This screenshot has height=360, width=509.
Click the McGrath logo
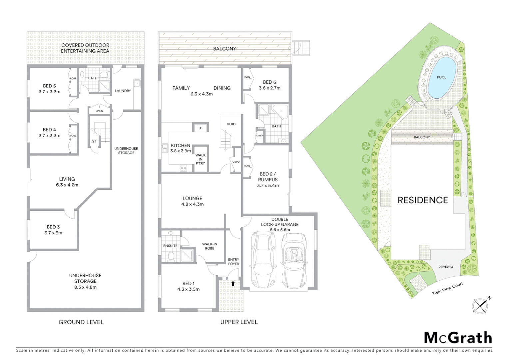[x=458, y=338]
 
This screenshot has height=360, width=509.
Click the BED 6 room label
[x=269, y=82]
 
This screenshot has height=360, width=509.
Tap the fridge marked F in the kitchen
[x=200, y=128]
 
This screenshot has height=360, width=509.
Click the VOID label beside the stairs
[x=231, y=124]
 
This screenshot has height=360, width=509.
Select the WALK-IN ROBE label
[x=210, y=246]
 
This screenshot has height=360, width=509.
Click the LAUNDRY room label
[x=123, y=91]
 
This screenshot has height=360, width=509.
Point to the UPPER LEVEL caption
[x=239, y=322]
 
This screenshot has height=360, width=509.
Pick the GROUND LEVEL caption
[x=81, y=322]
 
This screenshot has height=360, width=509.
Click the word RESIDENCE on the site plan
[x=422, y=200]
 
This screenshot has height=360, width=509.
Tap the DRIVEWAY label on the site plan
[x=446, y=267]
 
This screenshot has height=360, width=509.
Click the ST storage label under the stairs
[x=94, y=141]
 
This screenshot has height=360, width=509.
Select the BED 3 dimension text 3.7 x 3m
[x=53, y=233]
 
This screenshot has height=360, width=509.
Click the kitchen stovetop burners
[x=184, y=168]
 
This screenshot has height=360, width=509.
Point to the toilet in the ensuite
[x=171, y=256]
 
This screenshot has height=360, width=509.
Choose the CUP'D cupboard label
[x=236, y=162]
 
